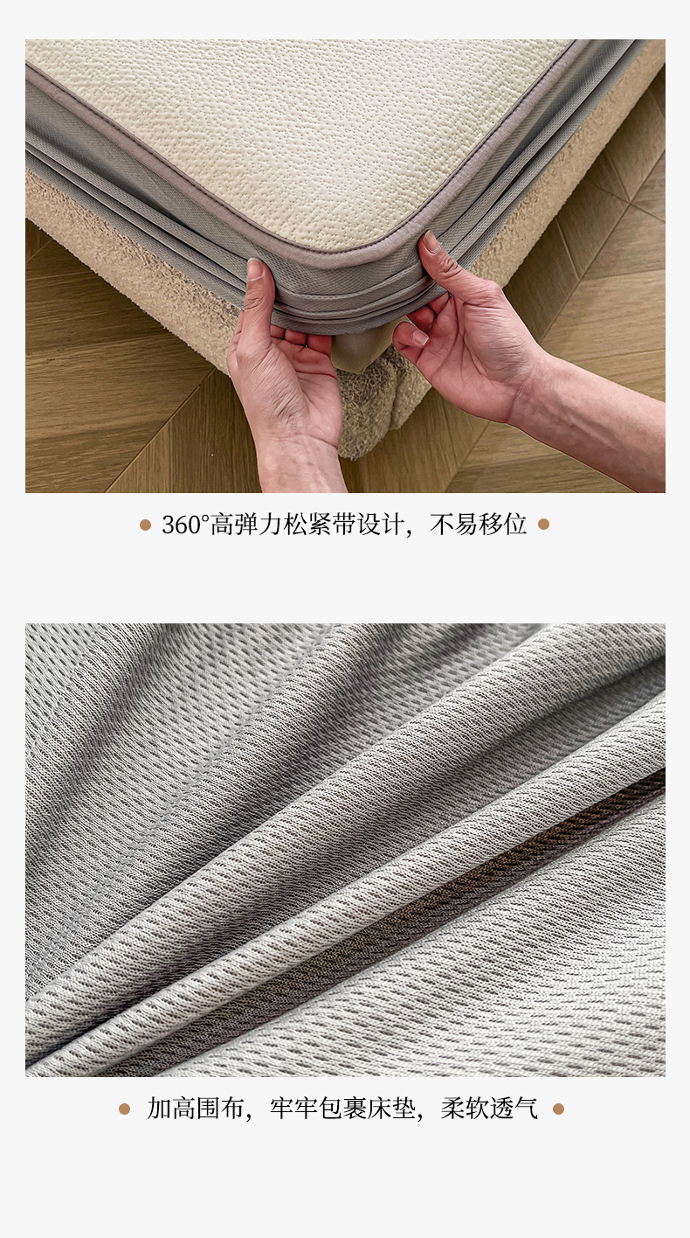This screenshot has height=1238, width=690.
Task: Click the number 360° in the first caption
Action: coord(185,525)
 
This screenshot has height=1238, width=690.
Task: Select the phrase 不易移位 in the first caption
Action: coord(478,525)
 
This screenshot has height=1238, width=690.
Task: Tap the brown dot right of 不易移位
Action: coord(544,524)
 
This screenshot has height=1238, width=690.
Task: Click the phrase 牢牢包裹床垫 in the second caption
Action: coord(342,1108)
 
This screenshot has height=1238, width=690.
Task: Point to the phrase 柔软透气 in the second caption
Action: coord(489,1108)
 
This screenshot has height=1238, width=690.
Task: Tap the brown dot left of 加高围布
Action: coord(124,1109)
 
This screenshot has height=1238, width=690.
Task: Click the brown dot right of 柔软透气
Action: coord(559,1109)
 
